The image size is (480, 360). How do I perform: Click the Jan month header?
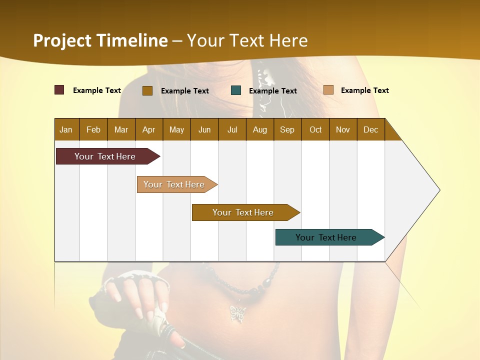[66, 129]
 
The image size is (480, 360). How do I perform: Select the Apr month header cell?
[149, 129]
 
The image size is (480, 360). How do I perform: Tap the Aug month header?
[260, 129]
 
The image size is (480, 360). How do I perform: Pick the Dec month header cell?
[370, 129]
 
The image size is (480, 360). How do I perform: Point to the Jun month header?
[204, 129]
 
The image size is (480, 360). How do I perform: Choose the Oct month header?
[315, 129]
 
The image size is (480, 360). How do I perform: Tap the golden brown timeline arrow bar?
[243, 212]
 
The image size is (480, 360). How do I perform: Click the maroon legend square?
[59, 90]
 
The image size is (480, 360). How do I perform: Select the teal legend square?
[236, 90]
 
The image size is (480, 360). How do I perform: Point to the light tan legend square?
[328, 90]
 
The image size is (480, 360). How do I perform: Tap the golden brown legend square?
[147, 90]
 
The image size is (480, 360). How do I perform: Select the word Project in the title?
[63, 40]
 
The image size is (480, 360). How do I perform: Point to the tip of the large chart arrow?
[439, 190]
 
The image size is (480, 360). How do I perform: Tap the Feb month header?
[93, 129]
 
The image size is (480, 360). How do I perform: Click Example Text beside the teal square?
[273, 90]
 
